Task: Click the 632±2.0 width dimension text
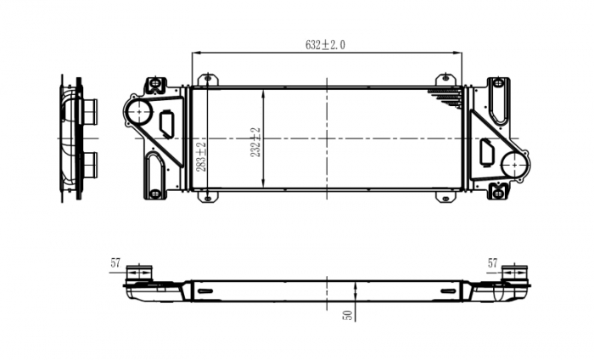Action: pos(325,45)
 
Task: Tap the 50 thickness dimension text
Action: pos(346,313)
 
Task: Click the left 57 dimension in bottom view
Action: pos(116,264)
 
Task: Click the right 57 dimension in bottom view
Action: pos(492,264)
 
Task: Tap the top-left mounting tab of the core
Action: pos(206,79)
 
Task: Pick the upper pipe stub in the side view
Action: pos(89,110)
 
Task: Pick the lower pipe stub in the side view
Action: pos(89,163)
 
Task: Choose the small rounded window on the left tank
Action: pos(166,123)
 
